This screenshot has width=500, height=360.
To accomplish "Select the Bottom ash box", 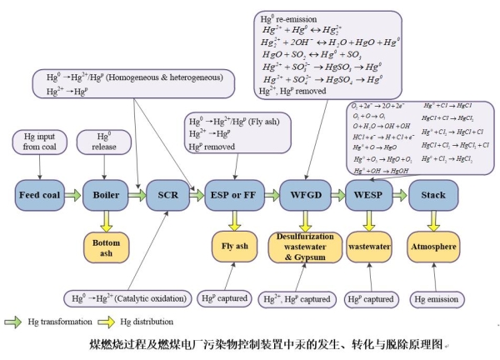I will point(106,247).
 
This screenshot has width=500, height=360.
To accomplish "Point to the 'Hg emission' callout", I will point(433,297).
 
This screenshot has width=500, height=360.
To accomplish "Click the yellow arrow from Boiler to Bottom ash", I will point(106,220).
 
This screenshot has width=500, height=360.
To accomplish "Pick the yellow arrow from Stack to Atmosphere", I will point(433,220).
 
